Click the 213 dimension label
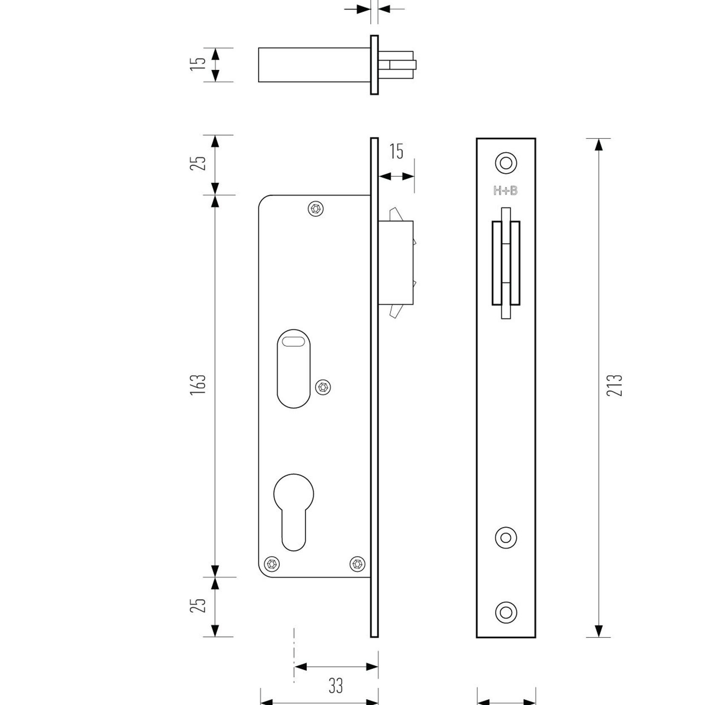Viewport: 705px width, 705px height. pos(614,385)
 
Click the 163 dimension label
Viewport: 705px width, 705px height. pos(198,384)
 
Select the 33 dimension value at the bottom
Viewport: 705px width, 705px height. pos(336,686)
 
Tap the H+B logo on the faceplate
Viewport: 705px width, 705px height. pos(505,191)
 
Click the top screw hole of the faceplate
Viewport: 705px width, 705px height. pos(506,163)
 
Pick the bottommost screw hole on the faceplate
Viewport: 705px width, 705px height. pos(506,612)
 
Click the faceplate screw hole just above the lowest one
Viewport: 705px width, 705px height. pos(506,538)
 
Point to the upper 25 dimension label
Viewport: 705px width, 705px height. pos(198,163)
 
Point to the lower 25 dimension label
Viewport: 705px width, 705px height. pos(198,605)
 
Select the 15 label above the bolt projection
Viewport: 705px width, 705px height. pos(396,152)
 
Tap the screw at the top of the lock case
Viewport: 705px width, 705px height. pos(316,209)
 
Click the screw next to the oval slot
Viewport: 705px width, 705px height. pos(323,387)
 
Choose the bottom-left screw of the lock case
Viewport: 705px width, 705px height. pos(272,564)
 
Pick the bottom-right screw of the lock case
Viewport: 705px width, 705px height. pos(358,564)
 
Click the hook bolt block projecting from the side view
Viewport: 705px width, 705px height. pos(396,263)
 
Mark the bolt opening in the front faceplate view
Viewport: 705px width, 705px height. pos(506,263)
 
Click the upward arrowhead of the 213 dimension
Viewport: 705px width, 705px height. pos(599,144)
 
